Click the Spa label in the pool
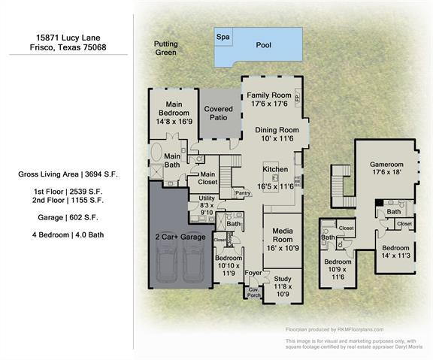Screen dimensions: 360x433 pos(223,37)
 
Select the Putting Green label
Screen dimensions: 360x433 pos(165,49)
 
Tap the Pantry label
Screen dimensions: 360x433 pos(243,193)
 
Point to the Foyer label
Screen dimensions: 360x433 pos(253,273)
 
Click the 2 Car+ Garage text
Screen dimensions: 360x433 pos(180,236)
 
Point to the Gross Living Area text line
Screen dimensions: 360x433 pos(68,174)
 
